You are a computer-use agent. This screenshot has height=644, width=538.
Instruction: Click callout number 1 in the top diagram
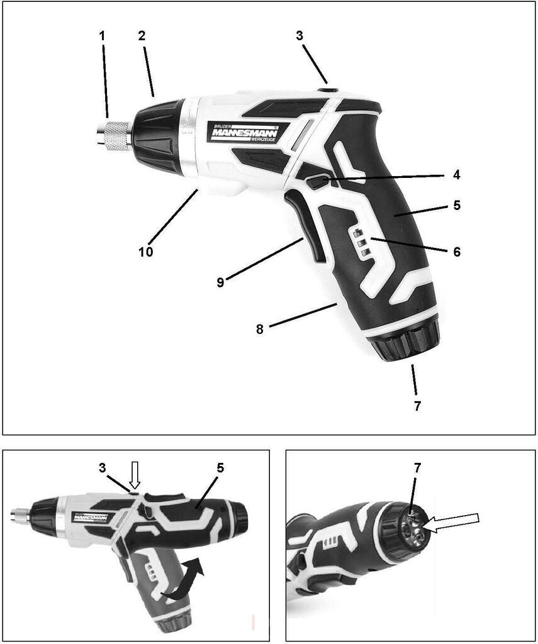tap(102, 36)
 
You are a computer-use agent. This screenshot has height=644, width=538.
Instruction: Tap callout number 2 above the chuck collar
tap(142, 36)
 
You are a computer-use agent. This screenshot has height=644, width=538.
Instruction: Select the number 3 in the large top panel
tap(300, 36)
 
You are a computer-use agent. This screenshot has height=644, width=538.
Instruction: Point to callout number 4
tap(456, 175)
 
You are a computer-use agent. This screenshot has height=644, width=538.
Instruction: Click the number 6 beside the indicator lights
tap(457, 251)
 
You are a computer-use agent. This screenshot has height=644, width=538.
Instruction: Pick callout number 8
tap(259, 329)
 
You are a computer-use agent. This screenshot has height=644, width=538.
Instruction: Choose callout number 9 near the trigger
tap(220, 282)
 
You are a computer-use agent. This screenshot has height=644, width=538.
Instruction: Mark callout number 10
tap(145, 252)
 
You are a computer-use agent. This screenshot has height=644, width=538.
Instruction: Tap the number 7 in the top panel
tap(417, 406)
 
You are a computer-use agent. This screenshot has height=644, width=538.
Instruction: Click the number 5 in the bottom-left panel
tap(220, 468)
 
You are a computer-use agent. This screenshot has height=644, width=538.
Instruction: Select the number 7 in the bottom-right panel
tap(418, 468)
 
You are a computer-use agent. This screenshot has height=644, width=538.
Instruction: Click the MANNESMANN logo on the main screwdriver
tap(245, 132)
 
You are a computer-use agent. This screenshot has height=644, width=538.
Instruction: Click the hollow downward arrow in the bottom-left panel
tap(135, 475)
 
